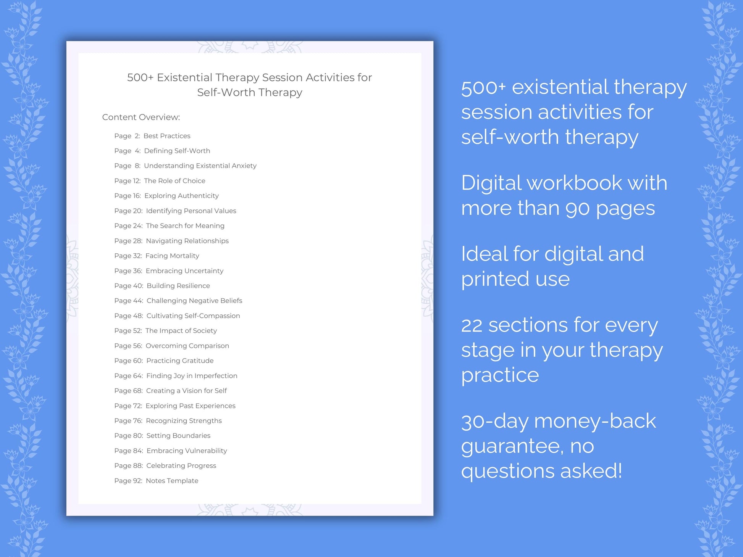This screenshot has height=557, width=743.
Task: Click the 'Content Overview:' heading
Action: pos(141,117)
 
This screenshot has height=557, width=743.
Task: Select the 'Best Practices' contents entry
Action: pos(166,136)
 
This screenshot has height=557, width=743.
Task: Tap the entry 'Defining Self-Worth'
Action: pos(177,151)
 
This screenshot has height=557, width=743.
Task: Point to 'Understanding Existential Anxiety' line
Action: pos(200,166)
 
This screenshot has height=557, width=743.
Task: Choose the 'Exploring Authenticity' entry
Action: pos(181,196)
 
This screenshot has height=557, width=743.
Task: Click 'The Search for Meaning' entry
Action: pos(185,226)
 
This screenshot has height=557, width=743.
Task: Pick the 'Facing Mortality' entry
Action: pos(172,256)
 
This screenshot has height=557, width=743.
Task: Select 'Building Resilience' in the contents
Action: pos(178,286)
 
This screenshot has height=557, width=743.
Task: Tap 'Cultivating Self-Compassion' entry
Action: pos(193,316)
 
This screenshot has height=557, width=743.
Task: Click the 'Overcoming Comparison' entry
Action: pos(187,346)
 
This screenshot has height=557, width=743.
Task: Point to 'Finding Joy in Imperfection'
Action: pos(192,376)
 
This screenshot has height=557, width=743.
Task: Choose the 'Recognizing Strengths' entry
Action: pos(184,421)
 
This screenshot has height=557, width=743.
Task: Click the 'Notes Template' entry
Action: pos(172,481)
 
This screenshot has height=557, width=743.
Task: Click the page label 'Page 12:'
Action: pos(128,181)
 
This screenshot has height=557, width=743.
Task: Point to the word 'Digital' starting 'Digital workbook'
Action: pos(491,183)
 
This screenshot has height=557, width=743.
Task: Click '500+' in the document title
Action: pos(140,77)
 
